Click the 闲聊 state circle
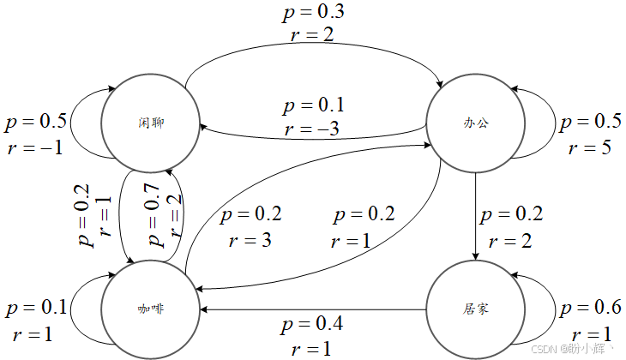(x=151, y=122)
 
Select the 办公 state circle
(x=475, y=122)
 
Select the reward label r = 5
(x=589, y=146)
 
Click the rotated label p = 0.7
(x=155, y=215)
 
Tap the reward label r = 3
(x=250, y=240)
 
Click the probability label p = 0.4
(x=314, y=326)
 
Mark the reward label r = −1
(x=34, y=146)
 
